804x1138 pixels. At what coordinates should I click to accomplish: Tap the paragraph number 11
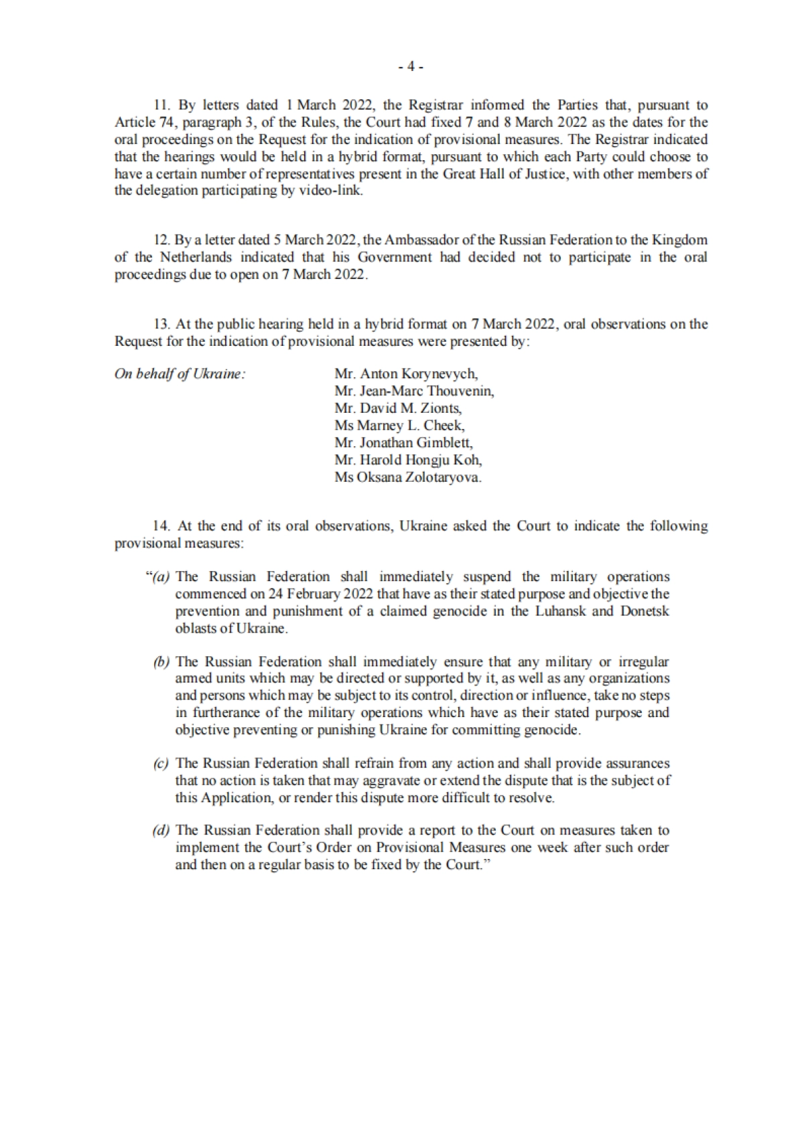[161, 105]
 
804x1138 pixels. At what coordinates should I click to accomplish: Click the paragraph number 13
[161, 324]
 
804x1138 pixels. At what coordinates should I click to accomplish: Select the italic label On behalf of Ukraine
[180, 374]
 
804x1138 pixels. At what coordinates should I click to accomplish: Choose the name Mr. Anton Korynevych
[406, 374]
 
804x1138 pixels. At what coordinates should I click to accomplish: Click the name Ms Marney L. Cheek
[399, 426]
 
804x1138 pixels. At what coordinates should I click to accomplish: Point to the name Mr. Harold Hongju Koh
[408, 460]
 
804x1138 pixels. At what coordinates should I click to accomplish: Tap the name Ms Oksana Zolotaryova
[408, 477]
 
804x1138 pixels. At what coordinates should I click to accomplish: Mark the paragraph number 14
[161, 526]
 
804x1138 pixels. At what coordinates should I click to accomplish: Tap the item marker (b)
[161, 662]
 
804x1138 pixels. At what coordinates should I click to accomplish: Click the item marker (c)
[161, 763]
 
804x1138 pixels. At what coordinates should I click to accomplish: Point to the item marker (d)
[161, 831]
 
